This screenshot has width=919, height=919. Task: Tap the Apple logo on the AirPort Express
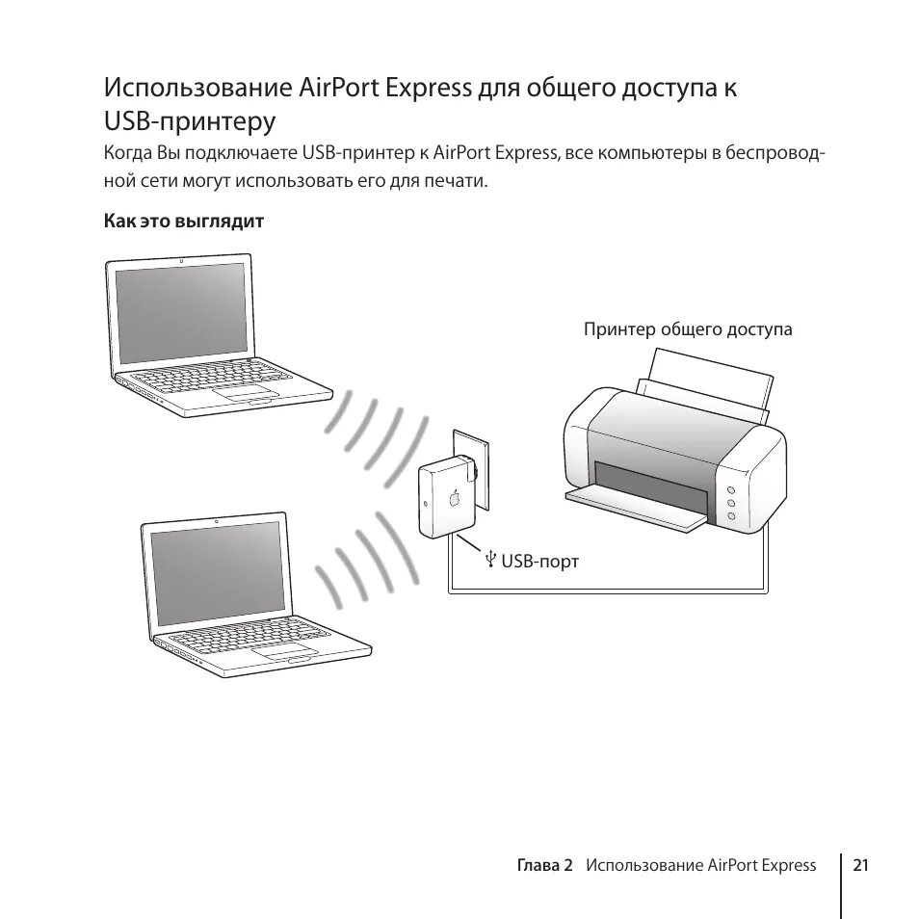pyautogui.click(x=454, y=499)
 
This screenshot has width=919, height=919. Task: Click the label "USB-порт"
pyautogui.click(x=539, y=560)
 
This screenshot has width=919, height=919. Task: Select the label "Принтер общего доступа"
pyautogui.click(x=687, y=329)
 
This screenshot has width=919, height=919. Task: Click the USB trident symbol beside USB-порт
pyautogui.click(x=490, y=559)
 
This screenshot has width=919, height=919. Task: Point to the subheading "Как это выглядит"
pyautogui.click(x=184, y=222)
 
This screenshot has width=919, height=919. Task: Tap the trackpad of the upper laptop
pyautogui.click(x=240, y=393)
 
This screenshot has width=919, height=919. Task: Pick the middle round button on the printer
pyautogui.click(x=731, y=504)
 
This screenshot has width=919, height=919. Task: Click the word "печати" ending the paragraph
pyautogui.click(x=453, y=180)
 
